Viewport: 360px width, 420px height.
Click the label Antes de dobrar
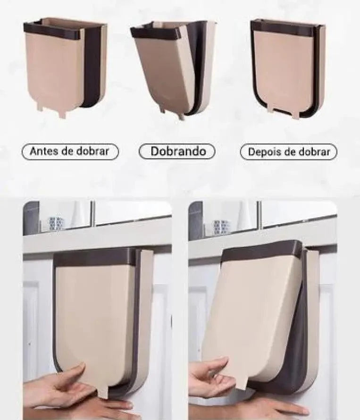pyautogui.click(x=70, y=151)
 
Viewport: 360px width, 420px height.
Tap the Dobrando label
pyautogui.click(x=177, y=151)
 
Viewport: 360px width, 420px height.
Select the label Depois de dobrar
pyautogui.click(x=288, y=152)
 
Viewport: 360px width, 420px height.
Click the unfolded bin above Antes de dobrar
pyautogui.click(x=65, y=67)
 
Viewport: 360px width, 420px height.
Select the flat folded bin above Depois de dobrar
pyautogui.click(x=288, y=69)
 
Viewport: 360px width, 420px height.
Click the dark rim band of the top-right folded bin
pyautogui.click(x=281, y=28)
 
